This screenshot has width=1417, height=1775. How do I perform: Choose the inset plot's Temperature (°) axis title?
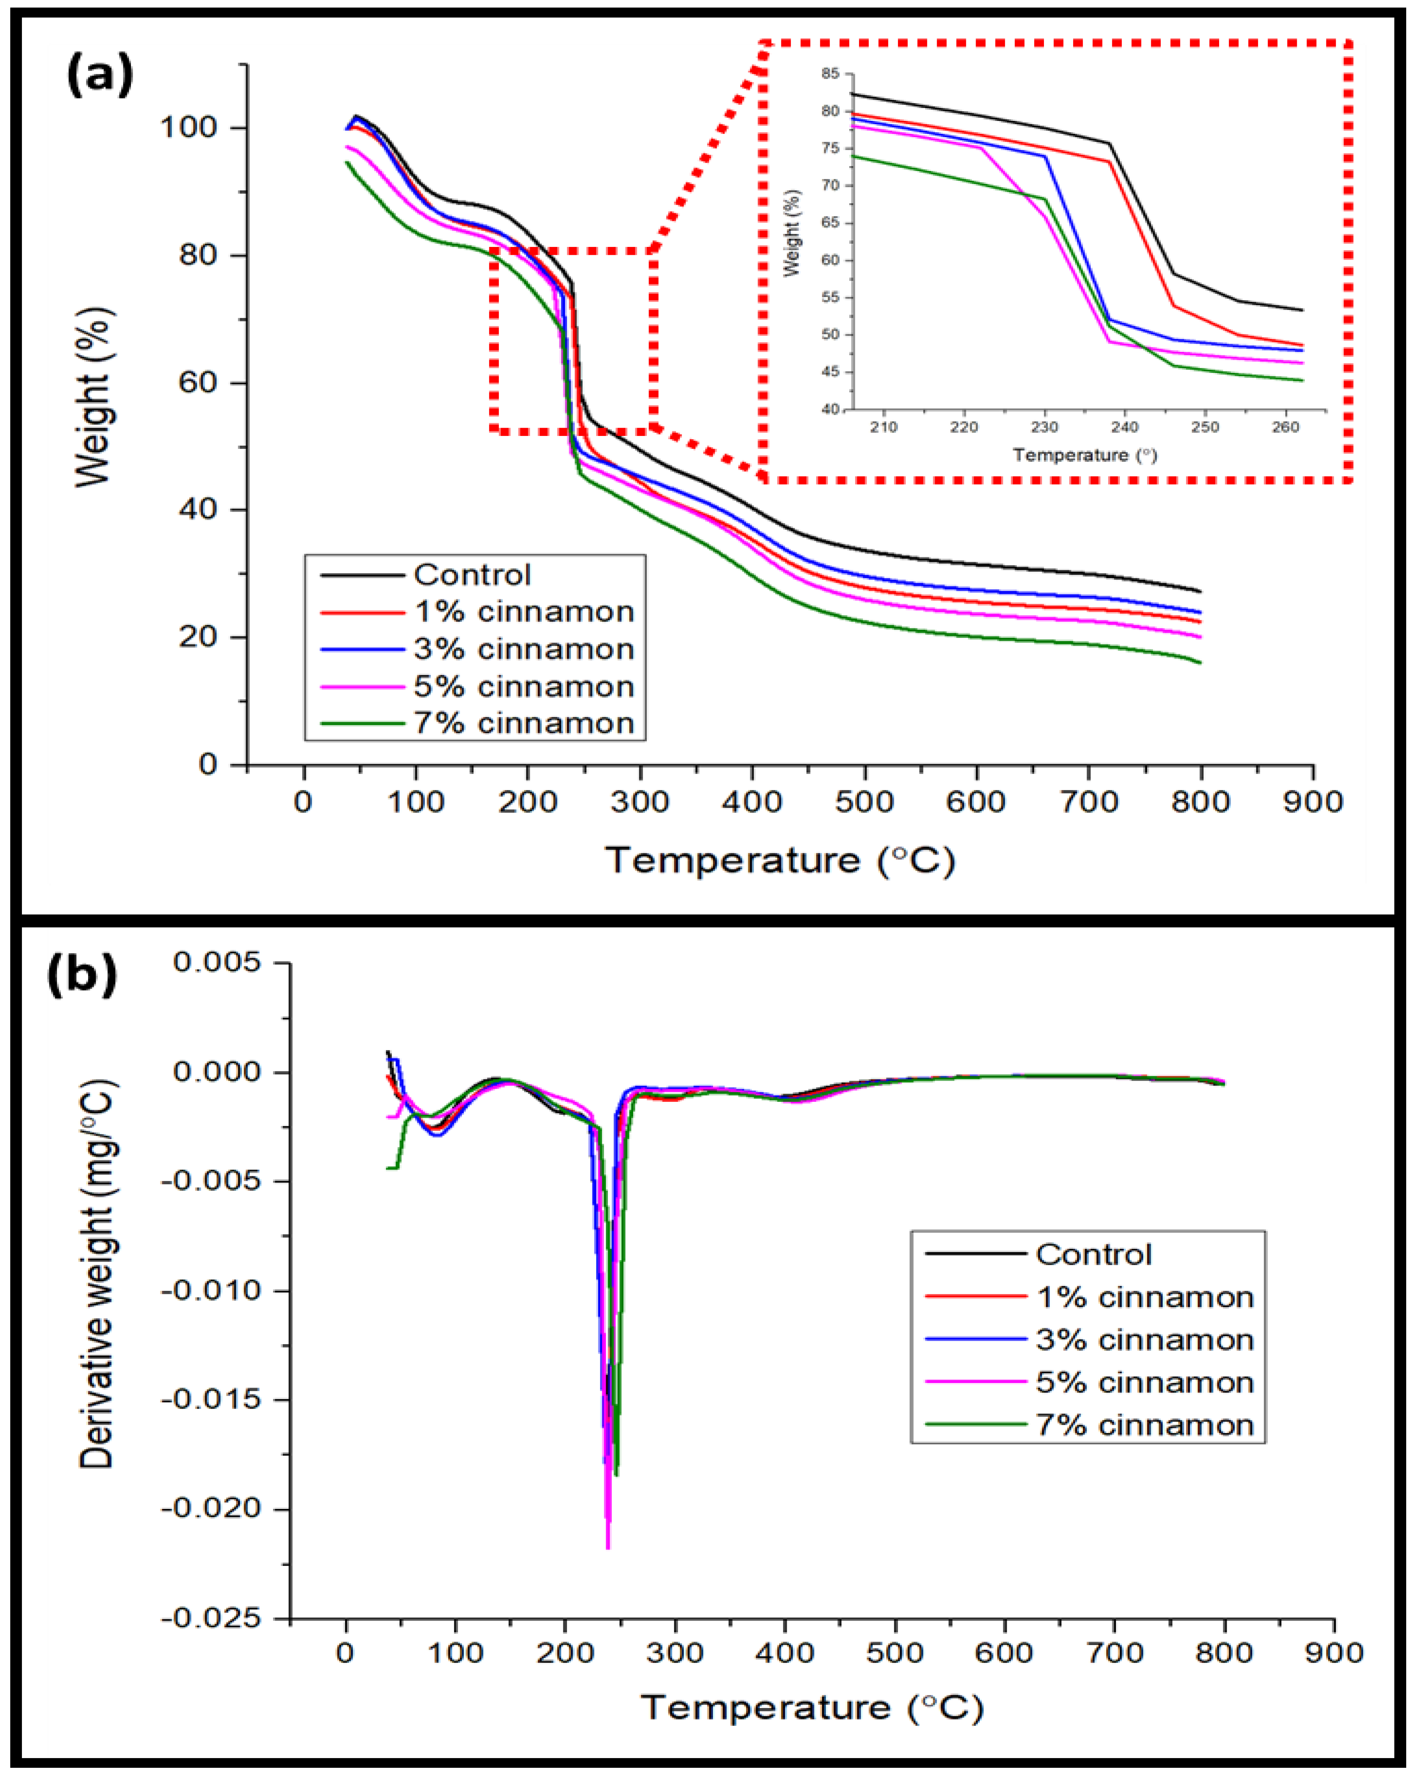(1085, 455)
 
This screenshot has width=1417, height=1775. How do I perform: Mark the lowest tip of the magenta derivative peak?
(608, 1549)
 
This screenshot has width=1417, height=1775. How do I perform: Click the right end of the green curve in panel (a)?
(1200, 663)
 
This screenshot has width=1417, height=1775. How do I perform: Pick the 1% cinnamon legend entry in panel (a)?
(523, 612)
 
